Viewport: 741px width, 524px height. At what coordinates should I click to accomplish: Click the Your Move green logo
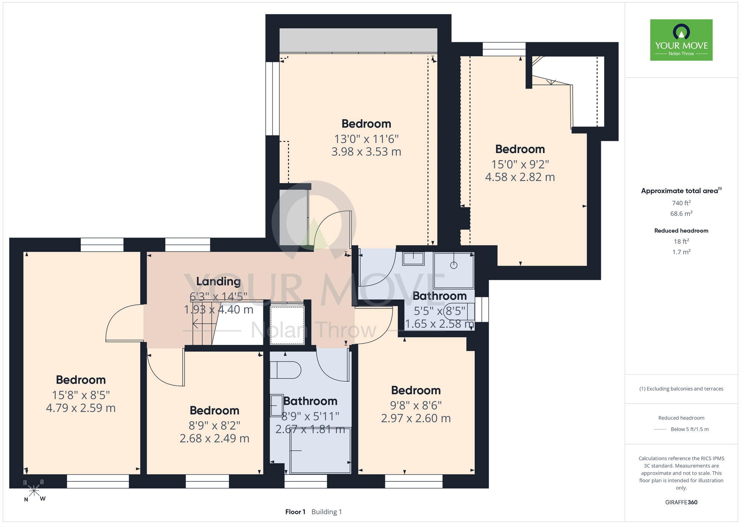681,40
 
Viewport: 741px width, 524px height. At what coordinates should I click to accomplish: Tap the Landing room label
219,282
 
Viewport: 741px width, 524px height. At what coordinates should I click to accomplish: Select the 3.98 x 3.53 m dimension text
366,152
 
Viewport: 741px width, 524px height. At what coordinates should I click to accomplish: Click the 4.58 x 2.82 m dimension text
520,177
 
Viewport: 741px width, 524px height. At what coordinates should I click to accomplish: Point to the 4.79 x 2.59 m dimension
81,408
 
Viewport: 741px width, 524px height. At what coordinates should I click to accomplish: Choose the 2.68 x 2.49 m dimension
215,438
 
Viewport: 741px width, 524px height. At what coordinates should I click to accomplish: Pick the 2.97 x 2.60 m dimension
416,418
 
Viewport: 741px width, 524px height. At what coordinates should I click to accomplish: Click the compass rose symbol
34,491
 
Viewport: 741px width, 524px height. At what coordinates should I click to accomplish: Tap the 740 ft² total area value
681,203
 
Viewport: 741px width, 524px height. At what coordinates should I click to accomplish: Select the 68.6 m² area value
681,213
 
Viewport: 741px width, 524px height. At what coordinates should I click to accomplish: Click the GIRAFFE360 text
681,503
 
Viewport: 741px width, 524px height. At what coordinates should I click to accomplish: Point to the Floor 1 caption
295,512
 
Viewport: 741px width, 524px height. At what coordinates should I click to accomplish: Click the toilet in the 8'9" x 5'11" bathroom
285,370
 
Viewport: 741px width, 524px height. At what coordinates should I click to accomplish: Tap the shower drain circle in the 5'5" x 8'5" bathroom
454,265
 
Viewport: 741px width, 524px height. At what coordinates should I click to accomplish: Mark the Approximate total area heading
681,190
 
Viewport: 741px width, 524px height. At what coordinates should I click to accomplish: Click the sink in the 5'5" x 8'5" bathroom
413,259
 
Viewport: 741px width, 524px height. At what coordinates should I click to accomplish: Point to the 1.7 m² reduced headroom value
681,252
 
